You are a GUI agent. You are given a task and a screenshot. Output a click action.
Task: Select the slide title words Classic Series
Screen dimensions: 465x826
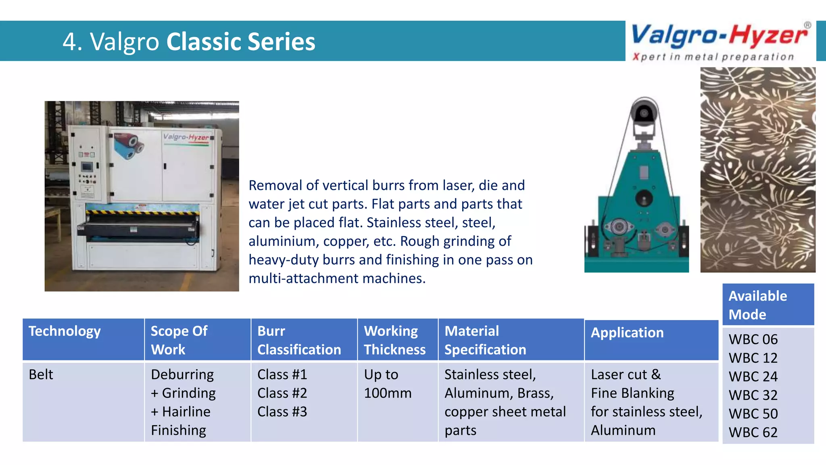tap(240, 42)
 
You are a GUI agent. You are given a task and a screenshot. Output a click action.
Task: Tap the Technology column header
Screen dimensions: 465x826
tap(65, 331)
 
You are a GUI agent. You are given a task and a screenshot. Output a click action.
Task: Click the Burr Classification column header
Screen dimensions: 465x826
tap(299, 340)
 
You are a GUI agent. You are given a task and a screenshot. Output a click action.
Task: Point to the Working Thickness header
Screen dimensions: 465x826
tap(394, 340)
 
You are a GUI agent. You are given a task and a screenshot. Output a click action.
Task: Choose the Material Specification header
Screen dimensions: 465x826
tap(485, 340)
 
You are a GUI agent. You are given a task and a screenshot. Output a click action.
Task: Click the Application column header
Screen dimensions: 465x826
tap(627, 333)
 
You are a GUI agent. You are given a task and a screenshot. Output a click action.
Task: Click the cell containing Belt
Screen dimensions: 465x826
tap(41, 375)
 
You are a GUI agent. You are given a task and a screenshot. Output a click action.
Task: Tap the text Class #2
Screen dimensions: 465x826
tap(282, 393)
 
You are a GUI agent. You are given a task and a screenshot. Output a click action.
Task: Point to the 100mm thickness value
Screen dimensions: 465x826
tap(387, 393)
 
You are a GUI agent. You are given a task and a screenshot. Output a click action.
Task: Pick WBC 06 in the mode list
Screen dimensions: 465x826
tap(753, 339)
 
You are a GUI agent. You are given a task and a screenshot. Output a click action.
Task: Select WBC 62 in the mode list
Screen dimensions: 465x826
tap(753, 432)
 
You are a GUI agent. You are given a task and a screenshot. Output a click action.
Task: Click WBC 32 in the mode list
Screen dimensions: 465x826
tap(753, 395)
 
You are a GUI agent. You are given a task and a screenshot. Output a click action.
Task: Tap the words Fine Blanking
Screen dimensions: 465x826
tap(632, 393)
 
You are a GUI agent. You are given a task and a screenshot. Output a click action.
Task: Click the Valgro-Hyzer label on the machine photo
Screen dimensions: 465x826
tap(186, 137)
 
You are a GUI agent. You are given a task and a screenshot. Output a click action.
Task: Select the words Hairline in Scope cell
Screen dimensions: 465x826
tap(186, 412)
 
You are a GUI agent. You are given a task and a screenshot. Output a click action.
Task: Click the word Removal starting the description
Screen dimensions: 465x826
tap(275, 185)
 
